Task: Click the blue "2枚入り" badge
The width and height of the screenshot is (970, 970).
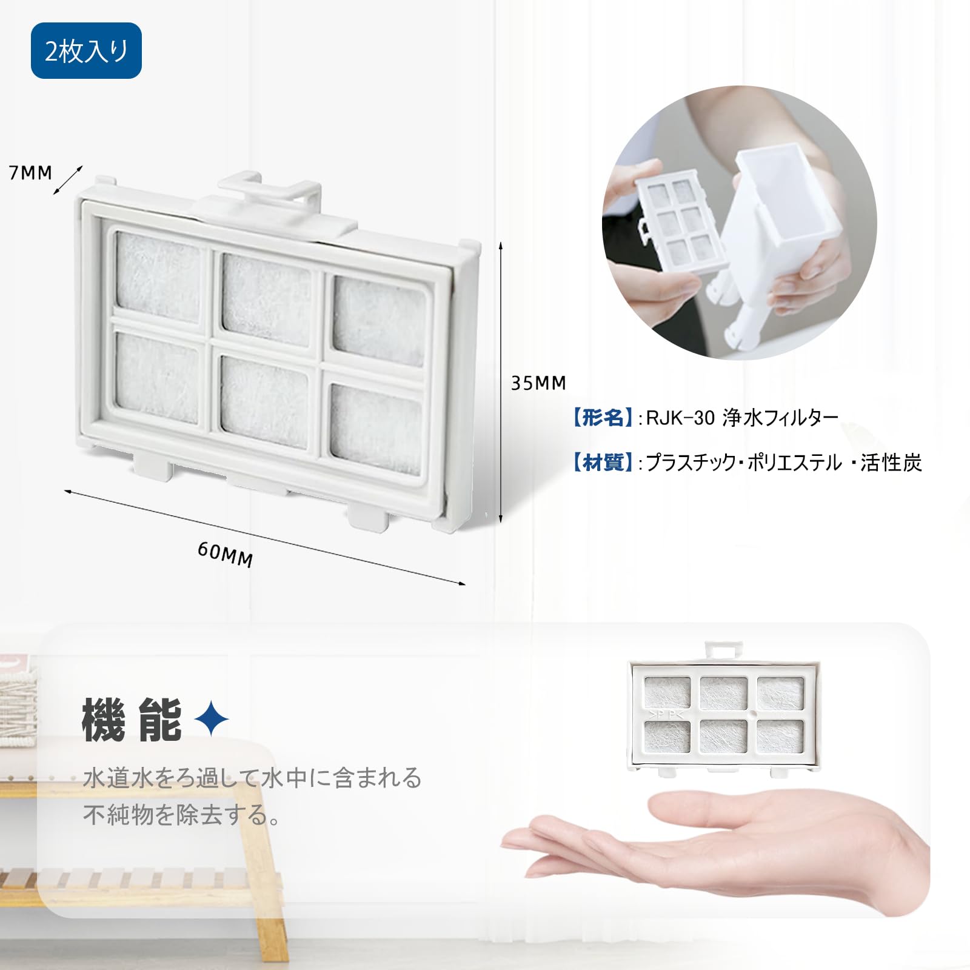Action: point(86,51)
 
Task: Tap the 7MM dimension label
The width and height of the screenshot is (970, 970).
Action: point(30,173)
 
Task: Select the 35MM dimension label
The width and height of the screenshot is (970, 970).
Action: point(538,383)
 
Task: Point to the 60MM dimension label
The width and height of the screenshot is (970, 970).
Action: point(225,554)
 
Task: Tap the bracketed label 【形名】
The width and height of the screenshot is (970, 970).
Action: point(602,418)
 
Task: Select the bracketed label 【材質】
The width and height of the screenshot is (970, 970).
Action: point(602,463)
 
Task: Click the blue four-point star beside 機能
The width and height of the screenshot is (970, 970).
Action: point(212,720)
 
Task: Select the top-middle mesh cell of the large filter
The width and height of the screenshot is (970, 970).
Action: point(266,299)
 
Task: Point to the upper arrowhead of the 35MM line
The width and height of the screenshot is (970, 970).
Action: point(501,246)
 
